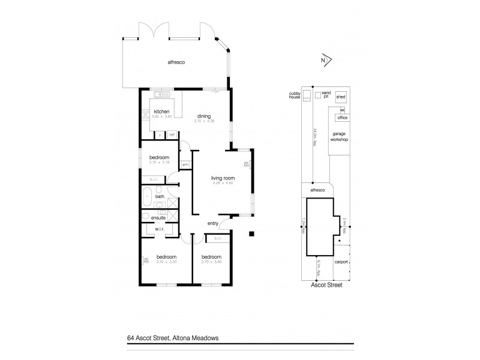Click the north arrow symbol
pos(325,60)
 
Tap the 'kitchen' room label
pos(161,112)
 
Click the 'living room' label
pos(221,178)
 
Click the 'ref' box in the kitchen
pos(172,134)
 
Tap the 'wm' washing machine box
pos(185,164)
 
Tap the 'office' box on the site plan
pos(342,118)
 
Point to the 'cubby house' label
pos(293,95)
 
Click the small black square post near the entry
pos(253,233)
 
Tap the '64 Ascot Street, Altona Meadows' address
pos(176,338)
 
